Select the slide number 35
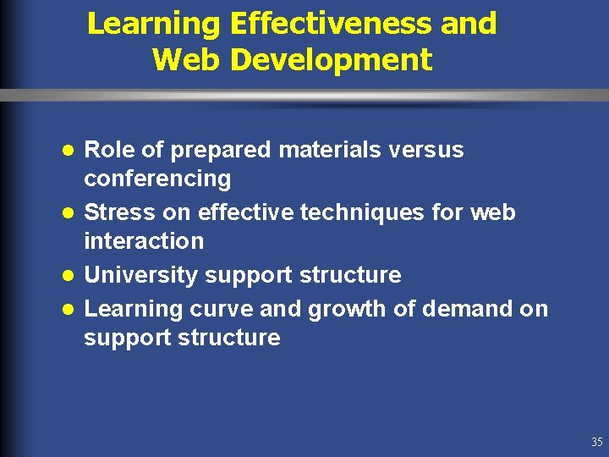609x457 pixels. click(597, 443)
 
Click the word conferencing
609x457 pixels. click(157, 179)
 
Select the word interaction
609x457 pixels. click(144, 241)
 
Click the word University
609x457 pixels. click(139, 275)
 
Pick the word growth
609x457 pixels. click(344, 310)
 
